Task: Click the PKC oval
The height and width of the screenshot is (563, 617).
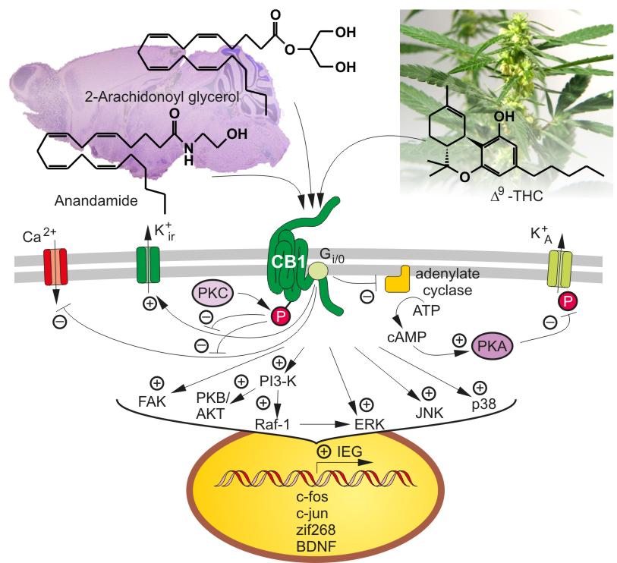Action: coord(212,293)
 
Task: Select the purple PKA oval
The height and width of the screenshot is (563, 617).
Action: coord(492,346)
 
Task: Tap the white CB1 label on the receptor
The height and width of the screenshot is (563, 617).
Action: coord(289,262)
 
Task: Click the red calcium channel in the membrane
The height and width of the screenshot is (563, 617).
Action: coord(55,266)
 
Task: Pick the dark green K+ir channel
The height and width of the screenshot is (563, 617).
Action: coord(148,264)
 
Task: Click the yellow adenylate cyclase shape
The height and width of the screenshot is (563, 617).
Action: coord(397,279)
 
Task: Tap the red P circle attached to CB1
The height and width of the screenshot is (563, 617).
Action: coord(280,316)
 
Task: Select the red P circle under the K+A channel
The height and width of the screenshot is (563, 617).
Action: coord(568,302)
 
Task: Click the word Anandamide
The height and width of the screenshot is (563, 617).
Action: coord(96,200)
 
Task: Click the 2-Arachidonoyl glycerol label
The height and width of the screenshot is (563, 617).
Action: coord(162,96)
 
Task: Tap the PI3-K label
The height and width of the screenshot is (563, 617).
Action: coord(279,381)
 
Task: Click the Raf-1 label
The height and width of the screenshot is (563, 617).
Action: coord(272,424)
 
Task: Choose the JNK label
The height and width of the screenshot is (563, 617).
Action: coord(430,413)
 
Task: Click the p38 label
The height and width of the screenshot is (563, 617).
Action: coord(484,404)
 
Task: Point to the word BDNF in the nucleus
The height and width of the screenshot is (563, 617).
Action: coord(316,546)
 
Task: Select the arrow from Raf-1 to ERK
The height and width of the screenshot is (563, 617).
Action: coord(324,424)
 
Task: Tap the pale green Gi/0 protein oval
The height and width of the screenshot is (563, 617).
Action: coord(318,270)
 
